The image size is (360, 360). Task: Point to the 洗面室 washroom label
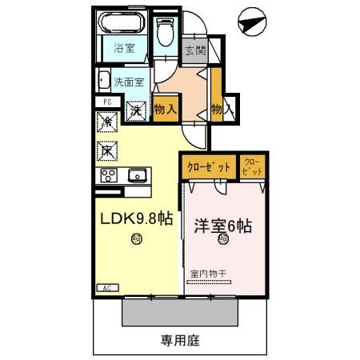coord(128,82)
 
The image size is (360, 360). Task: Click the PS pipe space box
coord(106,102)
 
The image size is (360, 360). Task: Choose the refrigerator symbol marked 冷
coord(106,122)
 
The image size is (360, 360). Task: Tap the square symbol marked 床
coord(106,148)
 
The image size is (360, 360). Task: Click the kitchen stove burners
coord(108,175)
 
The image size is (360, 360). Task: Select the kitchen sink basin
coord(135,175)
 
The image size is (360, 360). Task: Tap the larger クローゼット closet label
coord(209,167)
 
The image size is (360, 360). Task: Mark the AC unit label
coord(106,286)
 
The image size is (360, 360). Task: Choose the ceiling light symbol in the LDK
coord(137,237)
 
